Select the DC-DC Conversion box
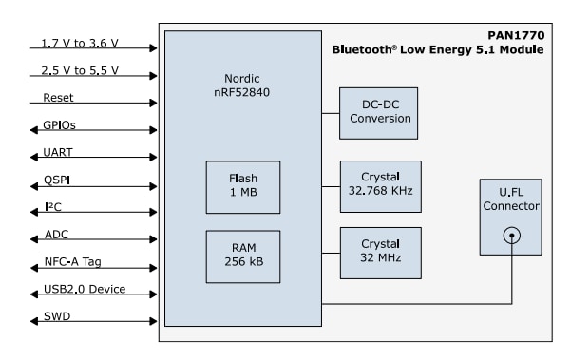tap(380, 112)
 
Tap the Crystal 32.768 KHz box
tap(380, 186)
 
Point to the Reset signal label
tap(58, 97)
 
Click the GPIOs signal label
tap(59, 124)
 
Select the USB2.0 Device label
tap(84, 289)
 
